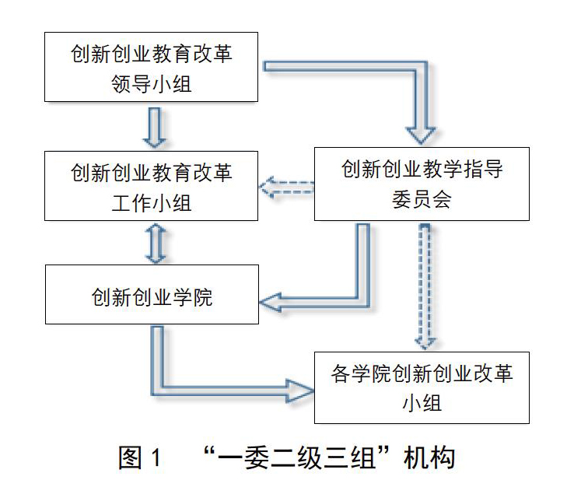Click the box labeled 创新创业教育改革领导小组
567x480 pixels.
151,67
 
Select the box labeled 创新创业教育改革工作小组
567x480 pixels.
151,186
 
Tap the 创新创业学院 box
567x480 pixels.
152,294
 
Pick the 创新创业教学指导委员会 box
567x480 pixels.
422,184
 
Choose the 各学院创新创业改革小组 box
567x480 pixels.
422,387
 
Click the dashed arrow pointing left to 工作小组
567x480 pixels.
286,187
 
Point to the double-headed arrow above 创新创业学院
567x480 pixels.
156,243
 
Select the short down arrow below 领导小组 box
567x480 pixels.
155,128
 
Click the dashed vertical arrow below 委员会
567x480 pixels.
425,286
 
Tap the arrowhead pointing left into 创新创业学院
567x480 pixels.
271,303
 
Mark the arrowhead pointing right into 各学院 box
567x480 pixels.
299,391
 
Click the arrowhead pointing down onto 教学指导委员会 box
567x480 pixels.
420,135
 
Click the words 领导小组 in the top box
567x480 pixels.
151,84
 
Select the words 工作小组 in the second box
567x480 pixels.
151,203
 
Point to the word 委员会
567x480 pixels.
422,200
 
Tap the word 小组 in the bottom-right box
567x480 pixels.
422,403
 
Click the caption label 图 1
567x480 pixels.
140,457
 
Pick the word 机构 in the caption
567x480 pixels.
429,457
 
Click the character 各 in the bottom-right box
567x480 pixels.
340,373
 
